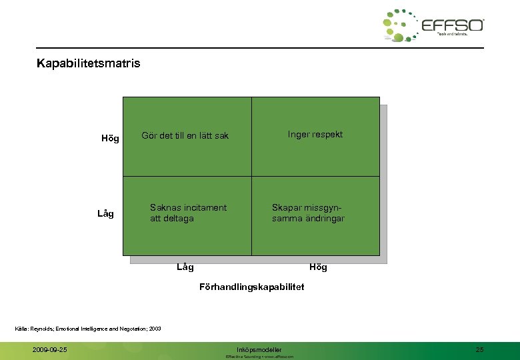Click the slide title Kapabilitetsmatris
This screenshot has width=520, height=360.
(89, 65)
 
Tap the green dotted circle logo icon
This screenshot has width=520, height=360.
(399, 26)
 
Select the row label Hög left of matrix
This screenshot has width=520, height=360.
(110, 139)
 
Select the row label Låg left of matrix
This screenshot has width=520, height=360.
(105, 213)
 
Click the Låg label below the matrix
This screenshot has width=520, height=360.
(185, 267)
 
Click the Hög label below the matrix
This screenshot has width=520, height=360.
(318, 267)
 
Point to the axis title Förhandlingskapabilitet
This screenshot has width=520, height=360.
(251, 287)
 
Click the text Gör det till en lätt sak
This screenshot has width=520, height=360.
(185, 136)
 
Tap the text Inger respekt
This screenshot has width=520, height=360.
(315, 135)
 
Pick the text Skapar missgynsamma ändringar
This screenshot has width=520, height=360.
(308, 213)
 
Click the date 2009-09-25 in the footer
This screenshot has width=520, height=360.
(49, 349)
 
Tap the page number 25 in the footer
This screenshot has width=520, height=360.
(480, 349)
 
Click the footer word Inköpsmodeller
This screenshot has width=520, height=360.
(259, 349)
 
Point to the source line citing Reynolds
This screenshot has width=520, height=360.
(88, 328)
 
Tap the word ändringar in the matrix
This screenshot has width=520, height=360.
(323, 219)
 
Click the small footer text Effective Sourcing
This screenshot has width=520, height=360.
(243, 357)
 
